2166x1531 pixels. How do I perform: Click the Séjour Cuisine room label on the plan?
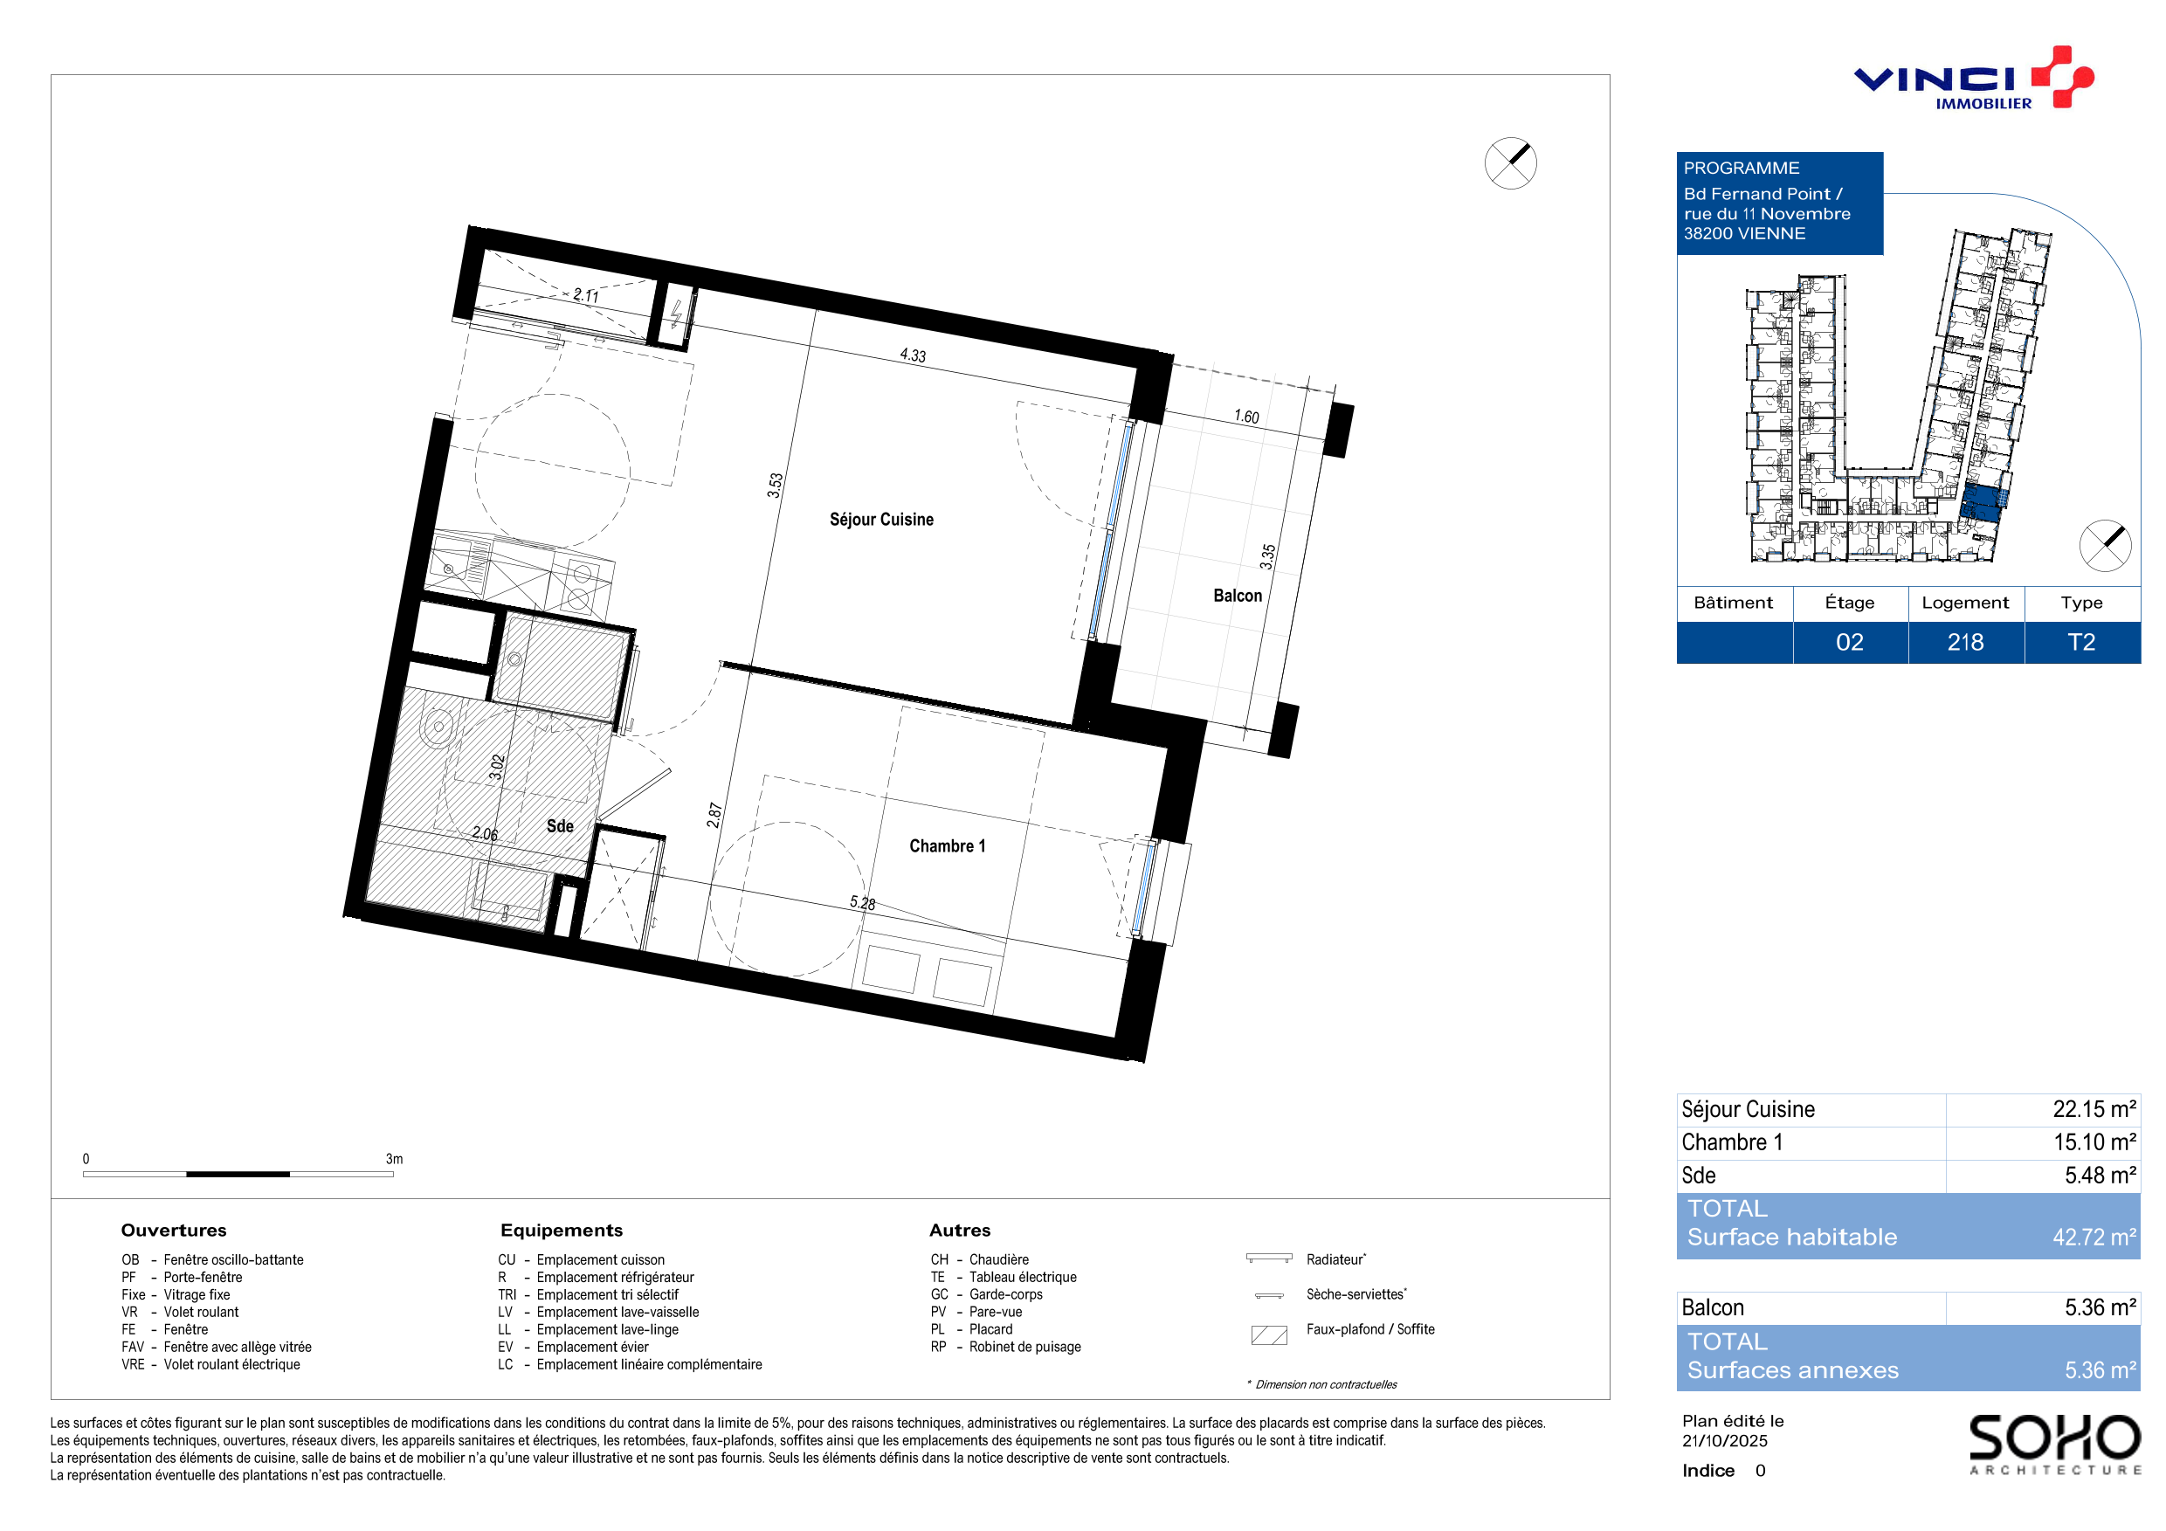(881, 520)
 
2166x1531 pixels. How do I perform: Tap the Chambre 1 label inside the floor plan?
(947, 846)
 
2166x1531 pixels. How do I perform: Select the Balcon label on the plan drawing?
(1237, 596)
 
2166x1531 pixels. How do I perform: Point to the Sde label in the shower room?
(560, 826)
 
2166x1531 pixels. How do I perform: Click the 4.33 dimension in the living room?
(912, 355)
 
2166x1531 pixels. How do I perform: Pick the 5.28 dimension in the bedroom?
(862, 903)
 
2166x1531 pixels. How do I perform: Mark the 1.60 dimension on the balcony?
(1246, 416)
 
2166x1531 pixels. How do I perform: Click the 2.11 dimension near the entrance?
(586, 295)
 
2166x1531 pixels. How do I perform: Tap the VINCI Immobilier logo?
(1974, 79)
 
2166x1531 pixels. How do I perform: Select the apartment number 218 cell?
(1965, 643)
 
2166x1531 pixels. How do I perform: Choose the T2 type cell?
(2081, 643)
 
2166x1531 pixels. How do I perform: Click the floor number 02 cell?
(1849, 643)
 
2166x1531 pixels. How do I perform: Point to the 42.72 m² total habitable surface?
(2094, 1237)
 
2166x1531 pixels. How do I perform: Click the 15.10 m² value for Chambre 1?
(2094, 1142)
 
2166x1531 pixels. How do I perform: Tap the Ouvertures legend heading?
(174, 1230)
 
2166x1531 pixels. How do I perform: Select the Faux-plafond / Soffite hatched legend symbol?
(1269, 1334)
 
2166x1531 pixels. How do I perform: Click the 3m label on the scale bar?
(394, 1158)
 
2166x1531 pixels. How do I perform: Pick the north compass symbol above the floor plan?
(1510, 163)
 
